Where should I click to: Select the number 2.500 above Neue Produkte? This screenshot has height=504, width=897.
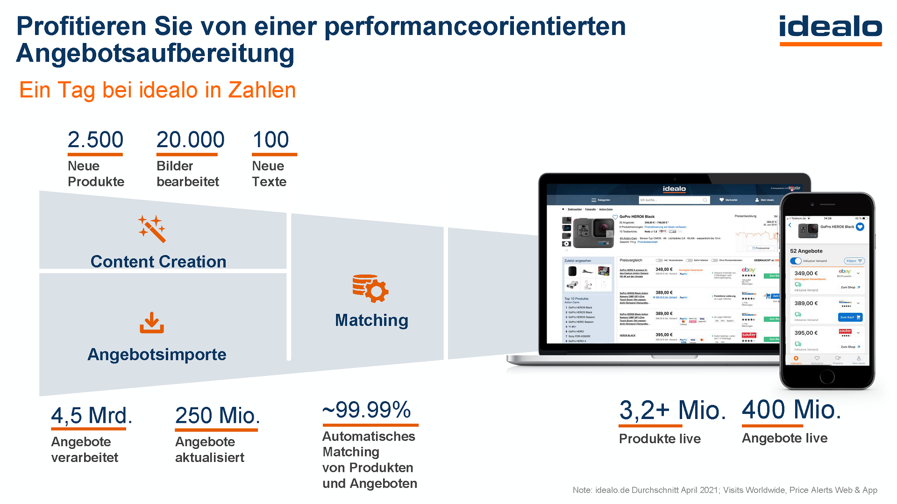95,140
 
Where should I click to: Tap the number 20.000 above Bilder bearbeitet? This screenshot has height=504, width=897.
190,140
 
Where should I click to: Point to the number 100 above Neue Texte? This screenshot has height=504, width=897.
271,140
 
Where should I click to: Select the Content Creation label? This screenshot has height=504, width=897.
158,262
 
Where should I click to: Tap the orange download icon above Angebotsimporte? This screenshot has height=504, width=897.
152,323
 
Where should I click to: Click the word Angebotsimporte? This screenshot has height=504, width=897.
157,355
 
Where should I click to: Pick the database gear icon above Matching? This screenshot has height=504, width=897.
370,288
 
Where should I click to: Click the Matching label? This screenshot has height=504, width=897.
371,320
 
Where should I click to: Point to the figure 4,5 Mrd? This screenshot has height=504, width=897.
92,415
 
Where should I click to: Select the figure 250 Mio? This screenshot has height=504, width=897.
217,415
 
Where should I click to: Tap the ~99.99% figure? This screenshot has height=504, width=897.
367,410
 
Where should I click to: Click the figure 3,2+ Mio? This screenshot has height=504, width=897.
672,410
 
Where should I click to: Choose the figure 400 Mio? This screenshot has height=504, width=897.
791,409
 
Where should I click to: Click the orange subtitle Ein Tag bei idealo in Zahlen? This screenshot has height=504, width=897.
157,90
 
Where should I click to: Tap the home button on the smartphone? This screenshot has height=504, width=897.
827,376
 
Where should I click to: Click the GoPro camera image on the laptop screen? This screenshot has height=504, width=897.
592,232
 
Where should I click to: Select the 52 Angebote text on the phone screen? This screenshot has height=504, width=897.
806,251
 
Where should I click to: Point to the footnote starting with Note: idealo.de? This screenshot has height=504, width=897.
725,490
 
